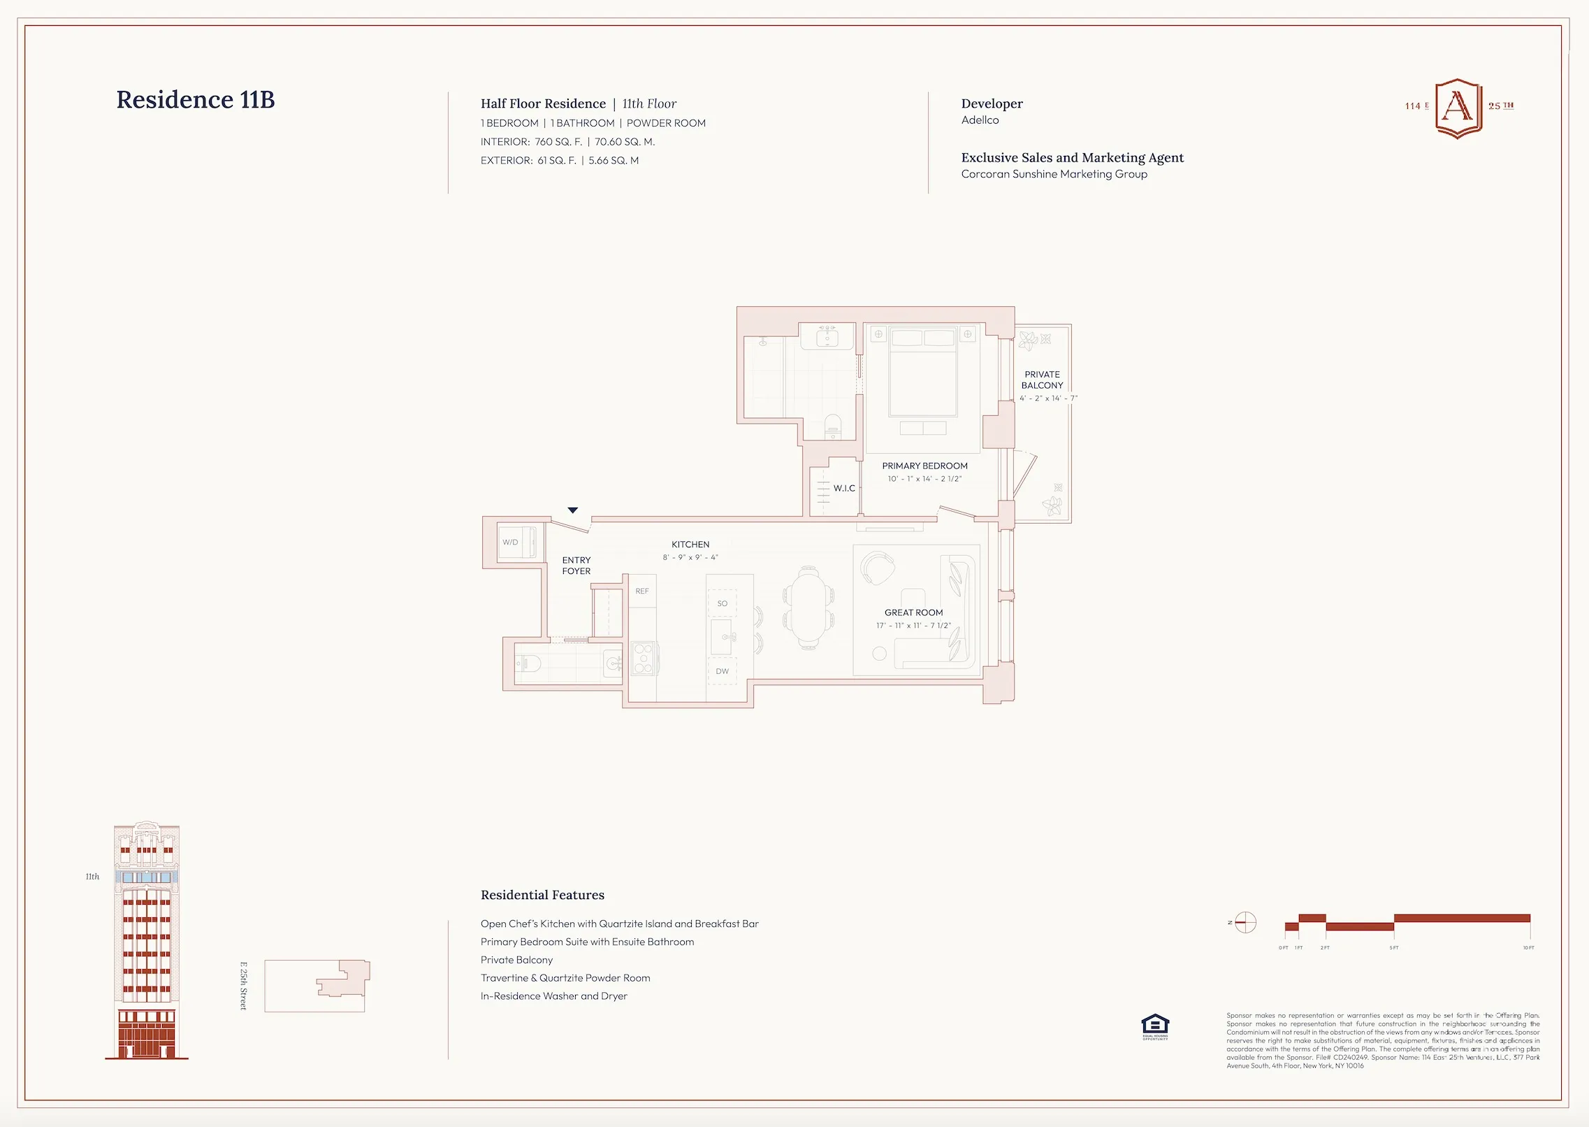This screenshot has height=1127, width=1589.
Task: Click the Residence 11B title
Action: [196, 100]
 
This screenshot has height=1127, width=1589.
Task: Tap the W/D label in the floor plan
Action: [510, 543]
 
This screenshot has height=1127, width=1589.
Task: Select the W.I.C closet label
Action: [843, 489]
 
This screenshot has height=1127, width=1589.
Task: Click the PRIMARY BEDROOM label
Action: [924, 466]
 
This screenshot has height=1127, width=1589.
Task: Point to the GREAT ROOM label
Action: [913, 613]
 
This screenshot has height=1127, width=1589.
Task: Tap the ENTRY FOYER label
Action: [576, 566]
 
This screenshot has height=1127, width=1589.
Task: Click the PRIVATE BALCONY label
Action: [1042, 380]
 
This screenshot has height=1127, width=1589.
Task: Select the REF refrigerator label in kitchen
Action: [642, 591]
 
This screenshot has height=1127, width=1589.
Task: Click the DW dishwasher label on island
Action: [722, 671]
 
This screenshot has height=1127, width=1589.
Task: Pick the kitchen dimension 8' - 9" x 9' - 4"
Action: [690, 558]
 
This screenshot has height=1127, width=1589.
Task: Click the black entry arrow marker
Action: [572, 510]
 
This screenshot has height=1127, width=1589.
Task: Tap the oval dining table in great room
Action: [808, 608]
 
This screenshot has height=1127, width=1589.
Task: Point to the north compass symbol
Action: [1245, 923]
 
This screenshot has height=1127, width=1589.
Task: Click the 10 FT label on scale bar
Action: [1528, 948]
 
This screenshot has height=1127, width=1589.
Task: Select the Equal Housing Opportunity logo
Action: [1155, 1026]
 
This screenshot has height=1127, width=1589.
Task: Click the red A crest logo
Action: [1458, 108]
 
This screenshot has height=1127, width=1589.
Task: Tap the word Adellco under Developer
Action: [980, 120]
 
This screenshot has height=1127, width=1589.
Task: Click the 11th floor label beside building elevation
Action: [92, 877]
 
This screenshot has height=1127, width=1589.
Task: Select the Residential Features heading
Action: [542, 896]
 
